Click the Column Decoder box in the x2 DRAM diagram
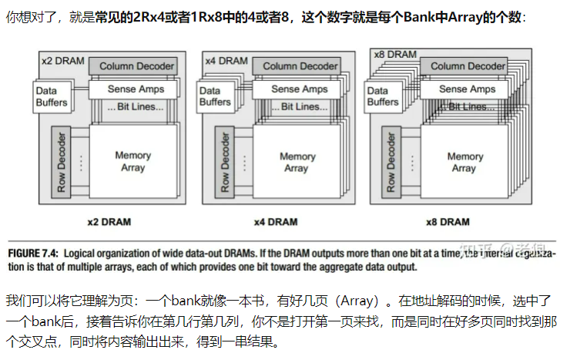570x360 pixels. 137,67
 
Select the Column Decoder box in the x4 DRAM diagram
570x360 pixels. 300,66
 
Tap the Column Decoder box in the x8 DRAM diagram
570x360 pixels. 468,66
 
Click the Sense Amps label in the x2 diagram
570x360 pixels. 136,89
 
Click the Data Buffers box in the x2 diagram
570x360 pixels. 52,96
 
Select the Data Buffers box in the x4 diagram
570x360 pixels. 215,96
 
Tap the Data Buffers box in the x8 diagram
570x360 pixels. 383,96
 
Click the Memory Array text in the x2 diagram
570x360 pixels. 132,161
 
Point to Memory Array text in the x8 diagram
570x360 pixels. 464,162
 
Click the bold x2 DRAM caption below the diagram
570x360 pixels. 109,222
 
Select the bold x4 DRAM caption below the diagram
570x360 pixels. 276,222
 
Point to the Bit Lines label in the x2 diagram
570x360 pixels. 137,106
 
